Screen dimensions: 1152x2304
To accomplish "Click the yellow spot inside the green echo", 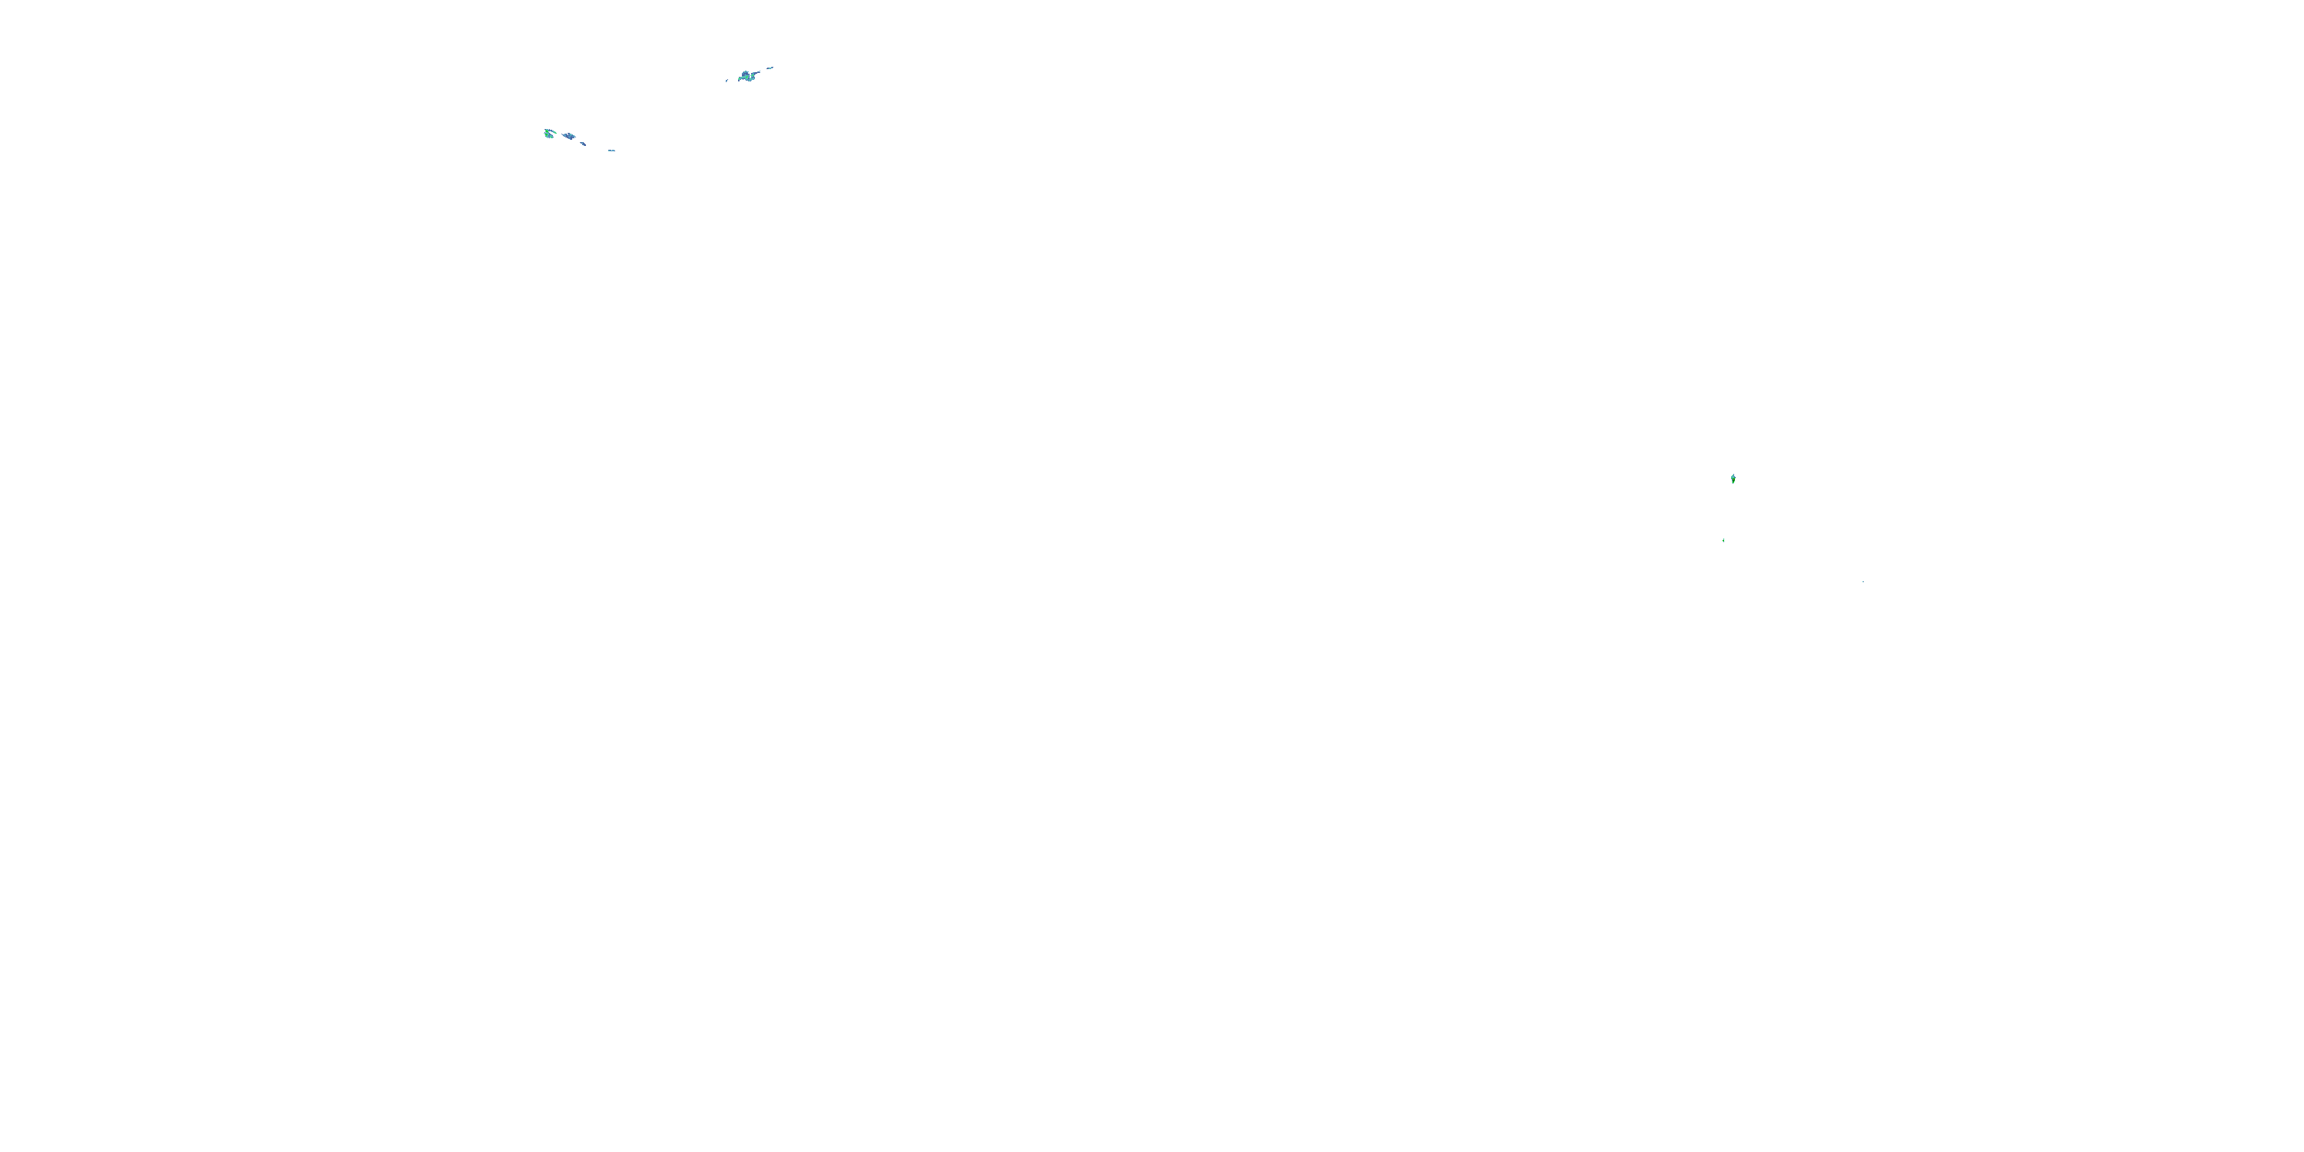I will (1734, 480).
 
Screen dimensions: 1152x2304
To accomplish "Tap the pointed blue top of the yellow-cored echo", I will (1734, 475).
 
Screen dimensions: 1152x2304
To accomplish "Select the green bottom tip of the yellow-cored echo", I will (1733, 483).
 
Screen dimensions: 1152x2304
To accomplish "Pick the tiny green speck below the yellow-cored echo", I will (1723, 540).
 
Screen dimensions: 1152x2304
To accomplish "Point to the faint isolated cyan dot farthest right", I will (1863, 582).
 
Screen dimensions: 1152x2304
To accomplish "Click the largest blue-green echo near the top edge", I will (746, 77).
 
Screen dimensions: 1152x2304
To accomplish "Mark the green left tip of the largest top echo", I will (740, 78).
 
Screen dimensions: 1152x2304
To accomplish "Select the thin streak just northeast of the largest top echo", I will (770, 68).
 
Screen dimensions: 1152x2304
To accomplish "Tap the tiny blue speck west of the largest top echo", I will (727, 81).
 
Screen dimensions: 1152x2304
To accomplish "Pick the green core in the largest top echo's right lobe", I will (753, 76).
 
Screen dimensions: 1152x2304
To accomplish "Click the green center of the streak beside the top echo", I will (770, 69).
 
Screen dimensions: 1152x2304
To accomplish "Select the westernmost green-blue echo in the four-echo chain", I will (548, 134).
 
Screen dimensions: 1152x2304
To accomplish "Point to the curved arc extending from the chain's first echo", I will (553, 131).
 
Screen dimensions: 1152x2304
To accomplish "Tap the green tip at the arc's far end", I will (556, 134).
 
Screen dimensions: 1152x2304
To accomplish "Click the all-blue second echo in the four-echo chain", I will (570, 136).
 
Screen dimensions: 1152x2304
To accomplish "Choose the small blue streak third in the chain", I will (583, 144).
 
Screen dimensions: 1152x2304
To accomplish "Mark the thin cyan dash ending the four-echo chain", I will (612, 151).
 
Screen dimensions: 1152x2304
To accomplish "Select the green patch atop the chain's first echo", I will (548, 131).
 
